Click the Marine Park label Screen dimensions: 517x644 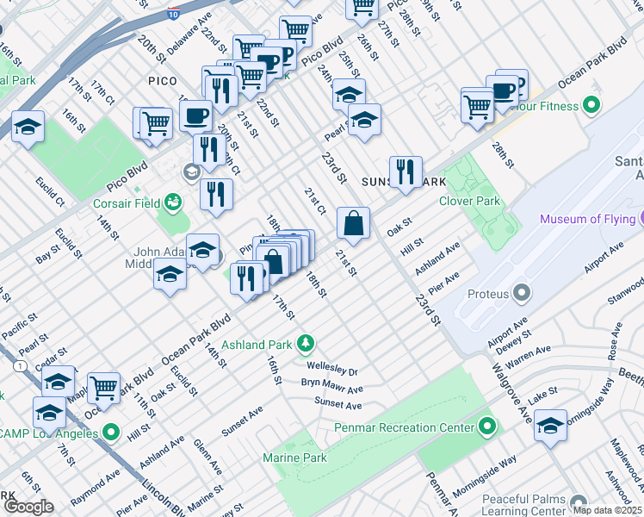tap(295, 458)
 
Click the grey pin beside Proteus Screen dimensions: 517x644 tap(521, 294)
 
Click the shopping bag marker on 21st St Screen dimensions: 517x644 tap(353, 224)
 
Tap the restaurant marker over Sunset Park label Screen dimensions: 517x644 tap(405, 171)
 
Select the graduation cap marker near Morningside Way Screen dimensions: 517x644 tap(550, 426)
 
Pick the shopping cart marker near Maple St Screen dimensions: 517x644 tap(103, 387)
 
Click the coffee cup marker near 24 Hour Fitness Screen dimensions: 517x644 tap(501, 90)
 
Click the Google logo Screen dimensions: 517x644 tap(28, 507)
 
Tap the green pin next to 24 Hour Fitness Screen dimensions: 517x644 tap(591, 107)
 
